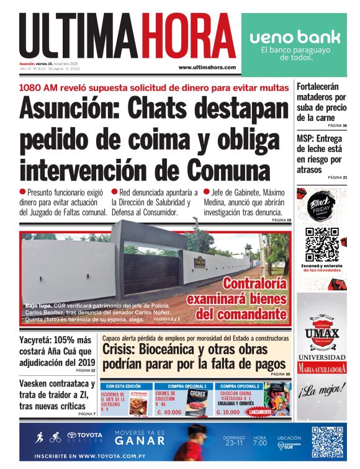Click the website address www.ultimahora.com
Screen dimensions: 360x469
(207, 67)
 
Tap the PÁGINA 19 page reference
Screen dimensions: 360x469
(280, 220)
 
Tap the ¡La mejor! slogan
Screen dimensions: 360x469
(321, 391)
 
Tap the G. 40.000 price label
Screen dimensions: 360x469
(169, 412)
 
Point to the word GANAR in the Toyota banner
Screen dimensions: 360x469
(140, 441)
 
